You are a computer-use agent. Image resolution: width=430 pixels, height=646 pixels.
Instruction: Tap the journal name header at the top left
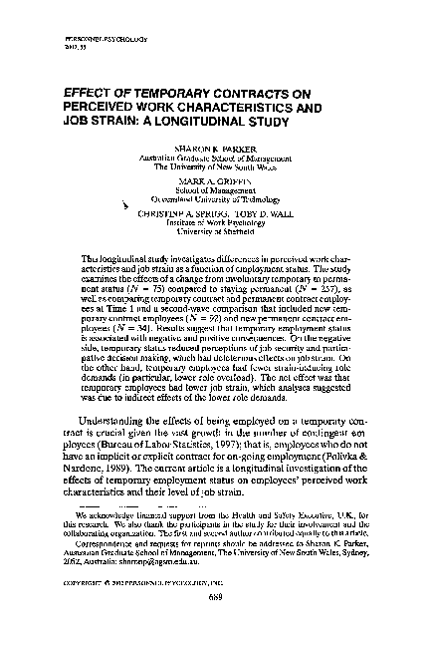tap(93, 39)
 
